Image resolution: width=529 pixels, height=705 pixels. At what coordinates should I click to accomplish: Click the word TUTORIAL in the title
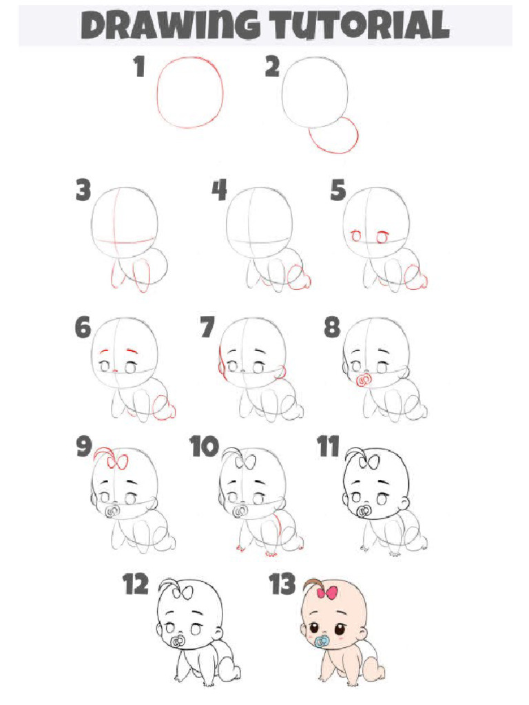(360, 26)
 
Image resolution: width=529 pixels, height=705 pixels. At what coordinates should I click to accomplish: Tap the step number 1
(139, 68)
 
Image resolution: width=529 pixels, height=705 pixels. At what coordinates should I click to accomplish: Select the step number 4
(219, 191)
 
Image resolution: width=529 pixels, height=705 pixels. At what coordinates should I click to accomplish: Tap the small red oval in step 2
(334, 136)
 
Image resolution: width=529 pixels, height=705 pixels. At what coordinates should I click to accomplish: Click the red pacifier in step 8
(363, 380)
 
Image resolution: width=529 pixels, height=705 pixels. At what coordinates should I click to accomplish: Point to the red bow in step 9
(118, 462)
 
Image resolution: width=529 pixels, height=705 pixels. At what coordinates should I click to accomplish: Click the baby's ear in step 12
(219, 633)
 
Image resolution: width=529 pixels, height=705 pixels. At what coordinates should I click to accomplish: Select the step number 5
(338, 191)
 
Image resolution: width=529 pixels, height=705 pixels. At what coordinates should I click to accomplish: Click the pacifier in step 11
(364, 512)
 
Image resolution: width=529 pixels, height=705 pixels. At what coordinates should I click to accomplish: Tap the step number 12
(136, 585)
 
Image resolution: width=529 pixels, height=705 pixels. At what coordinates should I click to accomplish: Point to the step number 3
(83, 191)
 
